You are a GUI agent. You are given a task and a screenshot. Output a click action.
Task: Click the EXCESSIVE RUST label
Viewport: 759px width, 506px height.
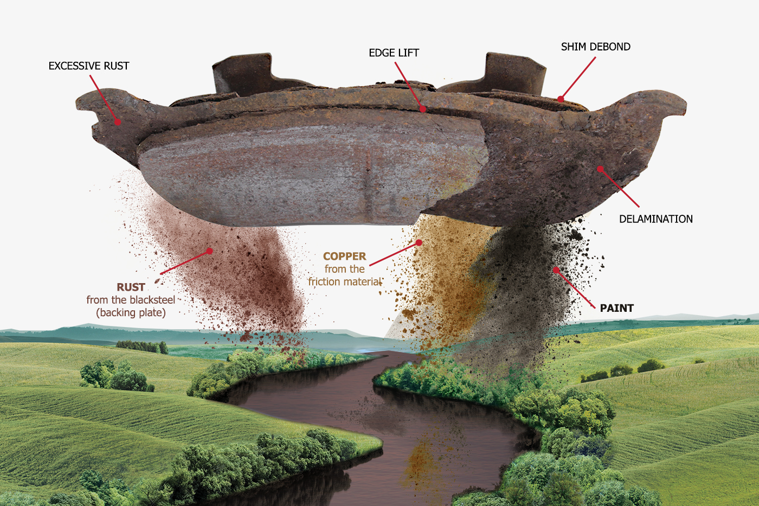click(x=89, y=66)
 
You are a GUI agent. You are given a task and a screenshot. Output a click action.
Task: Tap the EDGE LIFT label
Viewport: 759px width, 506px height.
click(x=394, y=53)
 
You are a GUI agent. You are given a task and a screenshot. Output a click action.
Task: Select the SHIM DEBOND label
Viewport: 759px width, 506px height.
click(x=596, y=47)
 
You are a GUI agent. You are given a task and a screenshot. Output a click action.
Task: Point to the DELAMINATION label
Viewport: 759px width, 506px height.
click(x=655, y=219)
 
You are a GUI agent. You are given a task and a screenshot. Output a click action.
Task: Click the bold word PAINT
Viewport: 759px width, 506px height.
click(x=617, y=308)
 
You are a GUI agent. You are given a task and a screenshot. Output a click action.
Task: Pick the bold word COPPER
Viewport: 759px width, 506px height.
click(x=345, y=256)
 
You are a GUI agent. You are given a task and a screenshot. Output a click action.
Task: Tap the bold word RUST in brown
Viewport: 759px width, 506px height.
click(x=131, y=287)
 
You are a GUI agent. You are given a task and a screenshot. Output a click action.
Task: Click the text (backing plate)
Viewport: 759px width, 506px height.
click(x=131, y=312)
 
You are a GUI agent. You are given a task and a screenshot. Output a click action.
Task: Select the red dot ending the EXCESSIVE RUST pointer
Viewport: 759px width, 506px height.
click(x=118, y=121)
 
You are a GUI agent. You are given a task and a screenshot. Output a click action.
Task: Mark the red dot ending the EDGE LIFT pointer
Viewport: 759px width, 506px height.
click(x=422, y=109)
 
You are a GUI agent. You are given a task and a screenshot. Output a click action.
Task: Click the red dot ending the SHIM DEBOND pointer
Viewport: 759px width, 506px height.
click(x=561, y=99)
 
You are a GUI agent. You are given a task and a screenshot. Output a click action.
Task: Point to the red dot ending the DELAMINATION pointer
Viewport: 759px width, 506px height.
click(x=600, y=169)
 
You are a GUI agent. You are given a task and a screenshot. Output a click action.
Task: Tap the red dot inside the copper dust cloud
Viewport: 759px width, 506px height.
click(x=419, y=242)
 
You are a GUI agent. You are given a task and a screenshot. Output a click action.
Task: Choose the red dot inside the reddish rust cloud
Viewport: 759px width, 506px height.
click(x=209, y=251)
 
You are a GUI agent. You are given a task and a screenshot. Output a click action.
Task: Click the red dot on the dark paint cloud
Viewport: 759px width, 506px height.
click(x=556, y=270)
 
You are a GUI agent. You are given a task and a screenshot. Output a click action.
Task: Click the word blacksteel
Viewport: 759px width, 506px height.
click(x=152, y=300)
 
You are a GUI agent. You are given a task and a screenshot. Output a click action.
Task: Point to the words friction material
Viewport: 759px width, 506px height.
click(x=345, y=281)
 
